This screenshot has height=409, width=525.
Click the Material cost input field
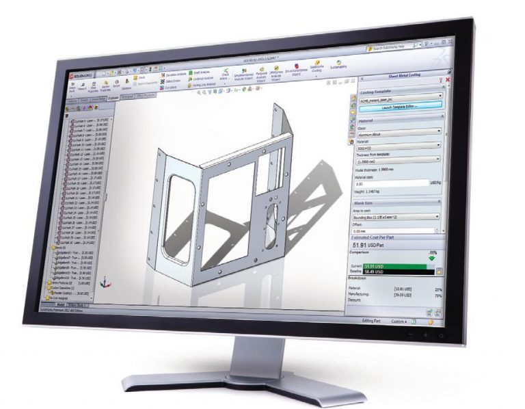coord(390,183)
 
